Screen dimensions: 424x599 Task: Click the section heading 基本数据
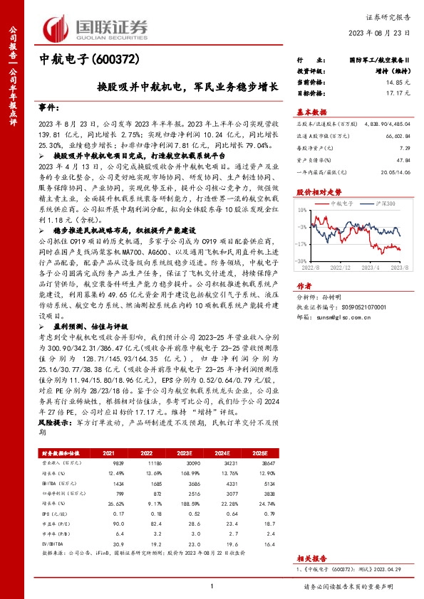(x=311, y=112)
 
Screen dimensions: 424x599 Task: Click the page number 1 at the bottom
(x=212, y=586)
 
